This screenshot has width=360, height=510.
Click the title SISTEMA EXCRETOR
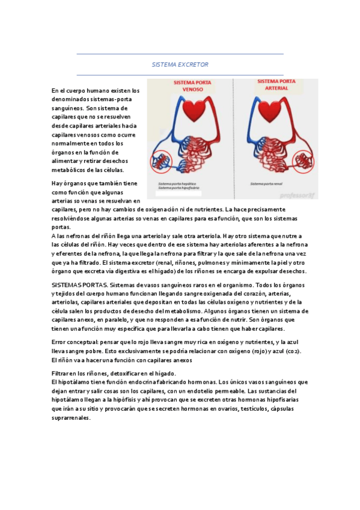coord(180,64)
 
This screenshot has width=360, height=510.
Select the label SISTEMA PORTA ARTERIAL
coord(276,85)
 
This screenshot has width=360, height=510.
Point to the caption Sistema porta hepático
coord(180,183)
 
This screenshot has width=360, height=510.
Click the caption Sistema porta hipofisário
coord(182,188)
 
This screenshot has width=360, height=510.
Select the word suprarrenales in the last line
coord(71,419)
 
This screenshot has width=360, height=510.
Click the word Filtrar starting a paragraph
coord(61,373)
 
